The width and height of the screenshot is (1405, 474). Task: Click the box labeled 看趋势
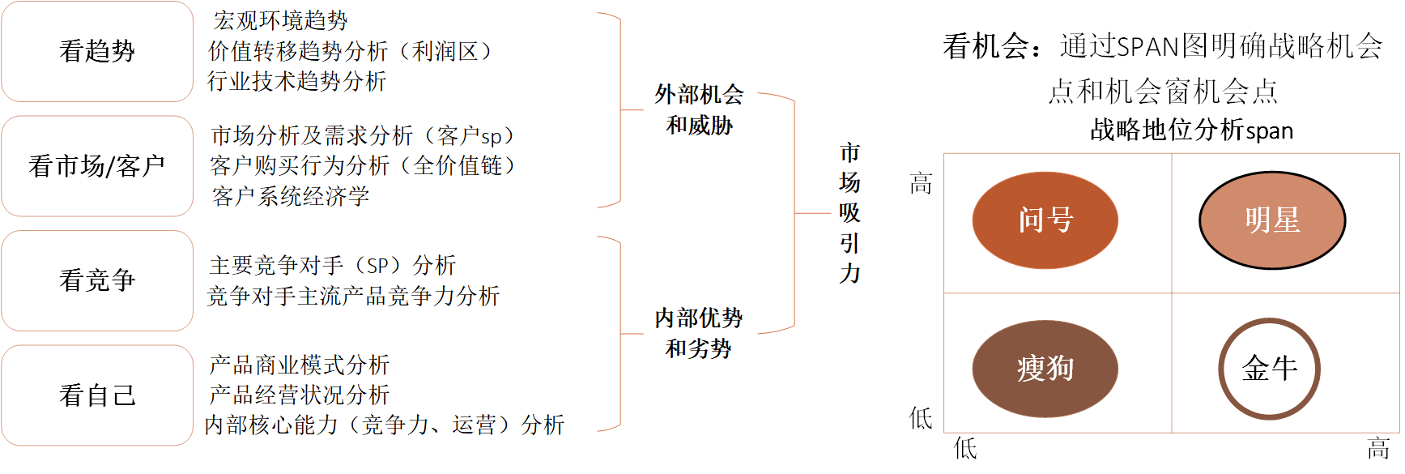pyautogui.click(x=97, y=51)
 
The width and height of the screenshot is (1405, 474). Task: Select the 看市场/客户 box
pyautogui.click(x=97, y=166)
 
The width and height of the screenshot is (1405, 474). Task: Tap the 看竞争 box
pyautogui.click(x=97, y=280)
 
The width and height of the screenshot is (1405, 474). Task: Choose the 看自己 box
pyautogui.click(x=97, y=395)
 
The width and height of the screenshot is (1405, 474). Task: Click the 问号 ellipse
pyautogui.click(x=1045, y=220)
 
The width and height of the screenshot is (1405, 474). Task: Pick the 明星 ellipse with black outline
pyautogui.click(x=1271, y=220)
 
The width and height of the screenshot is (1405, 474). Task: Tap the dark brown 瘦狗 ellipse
pyautogui.click(x=1045, y=369)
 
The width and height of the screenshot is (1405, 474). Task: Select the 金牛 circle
pyautogui.click(x=1269, y=369)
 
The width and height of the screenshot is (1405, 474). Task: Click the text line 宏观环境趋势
pyautogui.click(x=280, y=20)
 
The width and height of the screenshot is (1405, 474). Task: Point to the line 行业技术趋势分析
pyautogui.click(x=296, y=81)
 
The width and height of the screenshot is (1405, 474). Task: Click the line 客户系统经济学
pyautogui.click(x=290, y=196)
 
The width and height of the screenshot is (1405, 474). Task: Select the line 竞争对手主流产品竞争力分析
pyautogui.click(x=353, y=296)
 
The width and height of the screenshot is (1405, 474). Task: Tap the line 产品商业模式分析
pyautogui.click(x=299, y=365)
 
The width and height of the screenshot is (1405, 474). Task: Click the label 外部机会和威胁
pyautogui.click(x=699, y=109)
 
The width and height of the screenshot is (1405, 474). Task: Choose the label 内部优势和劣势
pyautogui.click(x=698, y=333)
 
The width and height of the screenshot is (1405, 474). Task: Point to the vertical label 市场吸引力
pyautogui.click(x=849, y=213)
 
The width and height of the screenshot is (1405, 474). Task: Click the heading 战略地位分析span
pyautogui.click(x=1191, y=130)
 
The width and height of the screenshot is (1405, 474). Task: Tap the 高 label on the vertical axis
pyautogui.click(x=921, y=184)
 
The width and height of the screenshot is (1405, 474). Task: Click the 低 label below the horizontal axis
pyautogui.click(x=965, y=448)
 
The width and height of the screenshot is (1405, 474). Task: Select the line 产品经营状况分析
pyautogui.click(x=299, y=395)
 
